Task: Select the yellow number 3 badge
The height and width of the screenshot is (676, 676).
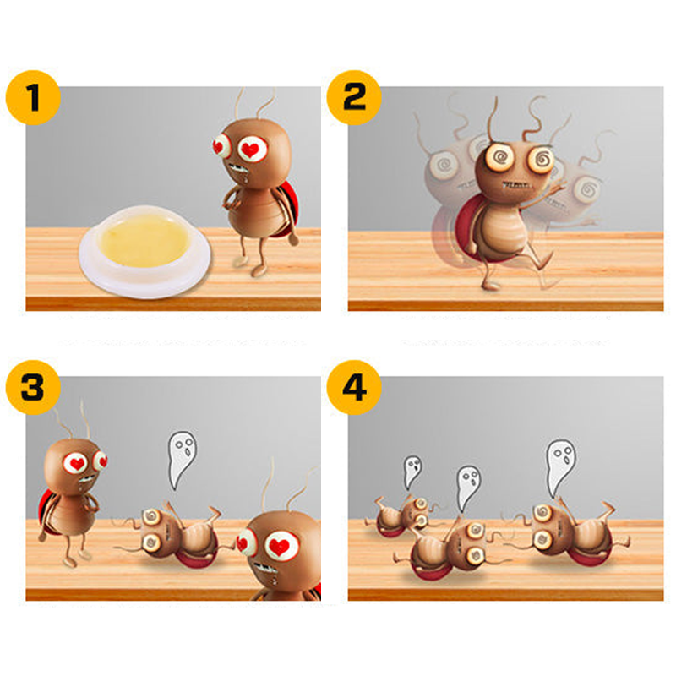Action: pyautogui.click(x=33, y=388)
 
